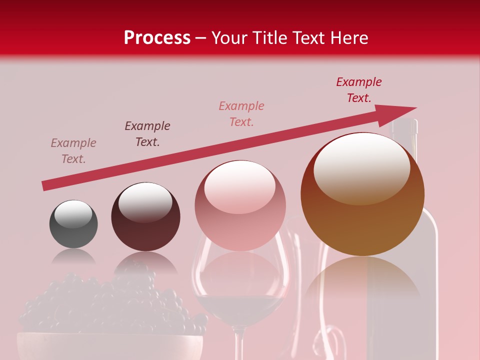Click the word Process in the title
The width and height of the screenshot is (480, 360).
point(157,37)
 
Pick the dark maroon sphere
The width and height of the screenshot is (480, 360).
point(145,217)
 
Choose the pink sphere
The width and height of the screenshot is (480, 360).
point(240,206)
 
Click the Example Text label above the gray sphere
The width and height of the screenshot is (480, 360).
point(73,151)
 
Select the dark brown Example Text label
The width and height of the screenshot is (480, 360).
point(147,134)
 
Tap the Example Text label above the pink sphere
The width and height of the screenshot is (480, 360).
point(241,114)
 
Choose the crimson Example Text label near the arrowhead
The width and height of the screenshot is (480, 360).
point(359,90)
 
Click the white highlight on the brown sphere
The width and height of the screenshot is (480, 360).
point(361,167)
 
